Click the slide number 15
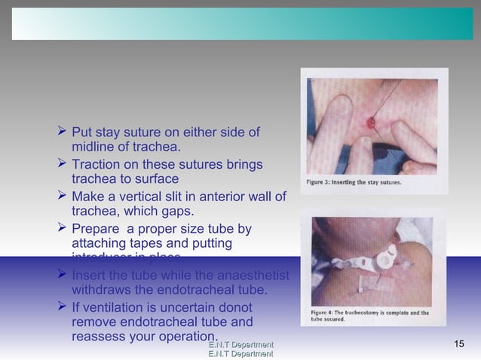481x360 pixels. click(461, 344)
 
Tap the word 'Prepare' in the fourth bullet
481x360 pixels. click(97, 229)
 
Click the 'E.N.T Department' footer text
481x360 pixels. click(240, 345)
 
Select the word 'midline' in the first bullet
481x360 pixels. click(93, 147)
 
